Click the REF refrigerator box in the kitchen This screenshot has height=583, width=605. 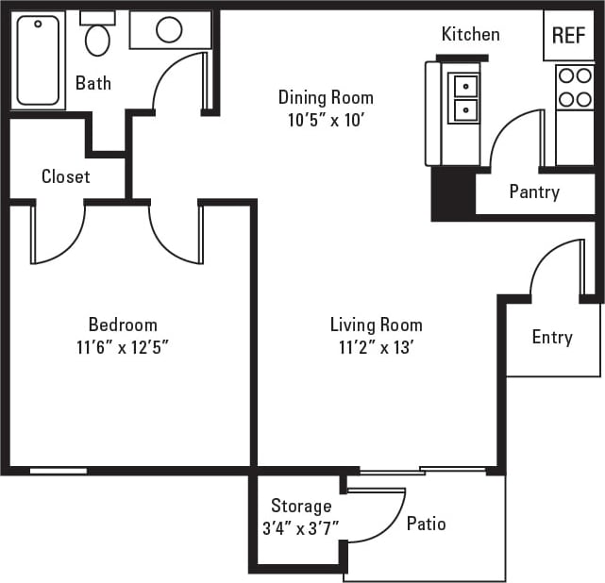click(x=568, y=36)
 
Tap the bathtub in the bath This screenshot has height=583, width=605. click(x=38, y=59)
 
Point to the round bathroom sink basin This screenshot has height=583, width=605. click(x=169, y=30)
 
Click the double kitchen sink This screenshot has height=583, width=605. click(x=465, y=98)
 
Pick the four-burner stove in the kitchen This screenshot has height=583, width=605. click(x=574, y=87)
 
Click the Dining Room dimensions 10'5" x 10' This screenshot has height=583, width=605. click(x=326, y=120)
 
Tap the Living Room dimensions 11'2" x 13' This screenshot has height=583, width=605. click(x=376, y=347)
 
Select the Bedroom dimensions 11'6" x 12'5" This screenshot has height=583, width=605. click(x=123, y=347)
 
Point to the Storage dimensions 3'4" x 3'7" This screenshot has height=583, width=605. click(x=301, y=528)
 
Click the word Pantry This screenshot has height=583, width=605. click(x=534, y=192)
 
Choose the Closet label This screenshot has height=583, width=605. click(x=66, y=176)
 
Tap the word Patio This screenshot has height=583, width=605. click(x=426, y=524)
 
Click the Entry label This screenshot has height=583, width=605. click(x=552, y=337)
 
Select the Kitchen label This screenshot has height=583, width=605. click(x=470, y=35)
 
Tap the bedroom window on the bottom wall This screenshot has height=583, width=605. click(x=59, y=471)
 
